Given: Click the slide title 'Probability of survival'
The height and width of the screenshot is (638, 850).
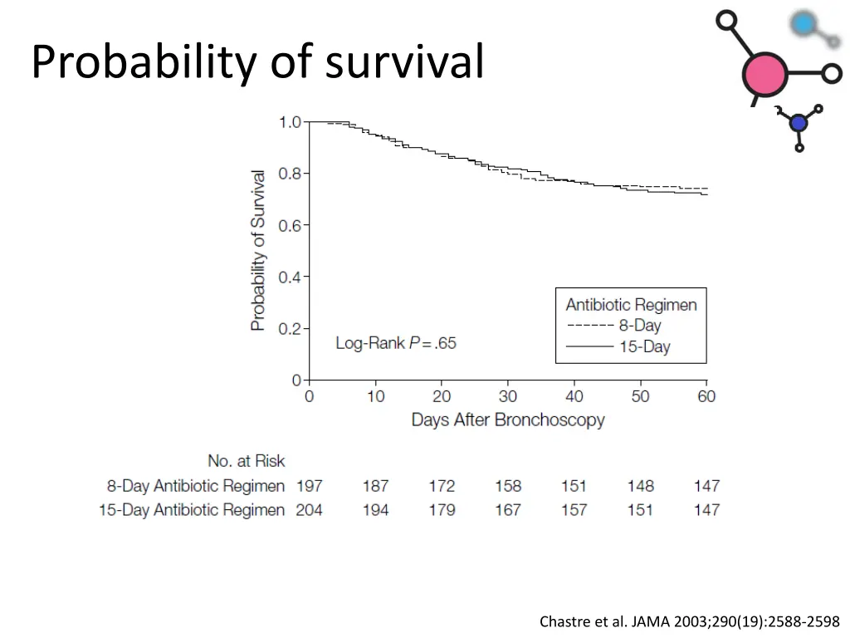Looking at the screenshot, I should (x=257, y=62).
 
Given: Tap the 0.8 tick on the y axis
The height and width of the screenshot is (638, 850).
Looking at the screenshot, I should (x=289, y=174).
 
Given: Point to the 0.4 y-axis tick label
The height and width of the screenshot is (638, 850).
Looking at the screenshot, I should (x=289, y=277).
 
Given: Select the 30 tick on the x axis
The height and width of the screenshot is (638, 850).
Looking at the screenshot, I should (x=508, y=396).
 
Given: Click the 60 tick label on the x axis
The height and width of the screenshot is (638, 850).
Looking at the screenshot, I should (x=706, y=396).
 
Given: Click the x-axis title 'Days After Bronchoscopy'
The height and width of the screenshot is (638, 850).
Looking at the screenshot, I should (x=508, y=420).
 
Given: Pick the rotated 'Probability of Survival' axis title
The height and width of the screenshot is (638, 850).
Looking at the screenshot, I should (x=259, y=251).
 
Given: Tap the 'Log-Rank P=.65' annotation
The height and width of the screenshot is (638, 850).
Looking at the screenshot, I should (x=396, y=342).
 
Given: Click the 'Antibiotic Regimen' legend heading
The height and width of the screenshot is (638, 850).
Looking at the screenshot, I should (x=631, y=305).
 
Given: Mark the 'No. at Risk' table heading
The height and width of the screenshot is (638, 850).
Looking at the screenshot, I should (x=246, y=461).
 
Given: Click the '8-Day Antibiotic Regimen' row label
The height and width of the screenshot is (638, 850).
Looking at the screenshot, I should (x=196, y=486).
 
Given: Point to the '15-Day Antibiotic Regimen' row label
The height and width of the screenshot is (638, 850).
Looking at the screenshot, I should (x=192, y=510).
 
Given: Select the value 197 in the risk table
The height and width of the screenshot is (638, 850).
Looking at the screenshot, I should (x=309, y=486).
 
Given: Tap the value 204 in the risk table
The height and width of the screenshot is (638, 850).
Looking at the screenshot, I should (x=309, y=510).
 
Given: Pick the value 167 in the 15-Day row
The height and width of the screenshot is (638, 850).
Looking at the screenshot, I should (x=508, y=510).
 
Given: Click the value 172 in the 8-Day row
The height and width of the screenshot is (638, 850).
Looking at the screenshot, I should (x=442, y=486).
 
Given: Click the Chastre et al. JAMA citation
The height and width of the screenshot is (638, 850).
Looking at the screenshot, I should (x=689, y=621).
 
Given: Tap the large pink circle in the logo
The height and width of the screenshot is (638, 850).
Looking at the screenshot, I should (x=765, y=75).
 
